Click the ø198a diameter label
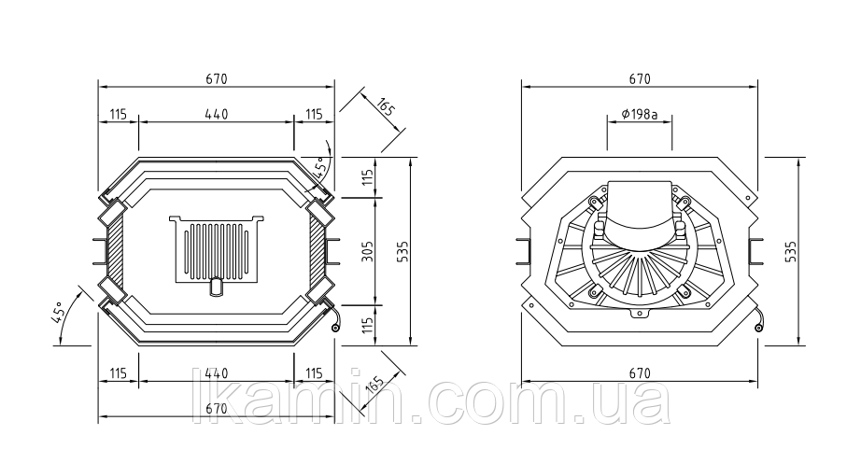coord(640,114)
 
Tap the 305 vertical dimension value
coord(369,251)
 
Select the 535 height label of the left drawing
coord(403,251)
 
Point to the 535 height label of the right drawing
coord(791,251)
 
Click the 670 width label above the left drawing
coord(217,79)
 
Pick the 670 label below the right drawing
coord(640,373)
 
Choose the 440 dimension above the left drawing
coord(217,114)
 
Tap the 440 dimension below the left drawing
coord(217,373)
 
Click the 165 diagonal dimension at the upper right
coord(387,106)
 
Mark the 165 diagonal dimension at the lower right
coord(374,385)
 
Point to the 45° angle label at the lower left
coord(59,312)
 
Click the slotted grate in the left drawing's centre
coord(217,249)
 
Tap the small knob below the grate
coord(217,287)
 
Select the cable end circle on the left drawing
coord(335,328)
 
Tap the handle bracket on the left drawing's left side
coord(100,251)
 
